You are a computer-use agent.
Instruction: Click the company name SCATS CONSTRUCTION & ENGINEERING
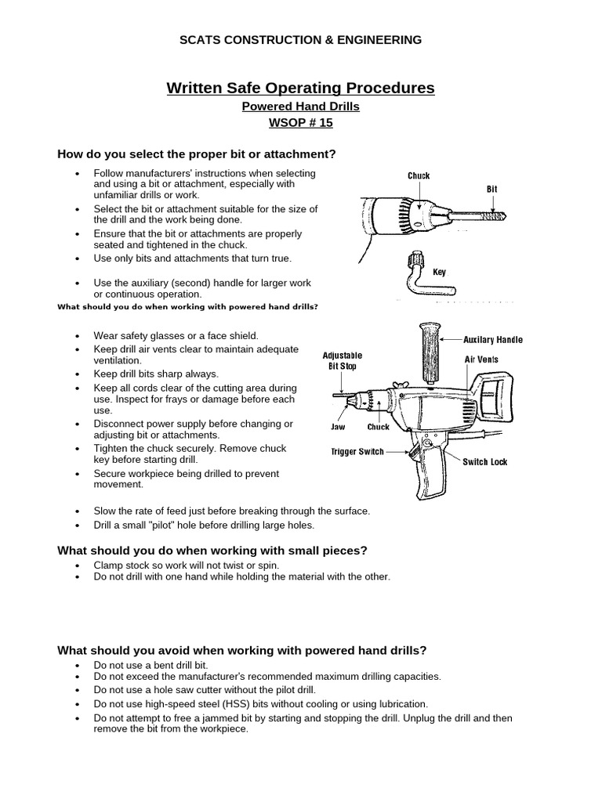pyautogui.click(x=301, y=40)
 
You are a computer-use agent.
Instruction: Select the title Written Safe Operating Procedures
pyautogui.click(x=300, y=88)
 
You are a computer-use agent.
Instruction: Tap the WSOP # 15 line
pyautogui.click(x=300, y=124)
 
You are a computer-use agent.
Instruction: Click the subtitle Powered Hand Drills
pyautogui.click(x=300, y=107)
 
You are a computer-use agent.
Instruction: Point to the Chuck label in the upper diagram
pyautogui.click(x=419, y=176)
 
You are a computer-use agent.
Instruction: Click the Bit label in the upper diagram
pyautogui.click(x=492, y=190)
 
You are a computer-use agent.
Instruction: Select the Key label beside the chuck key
pyautogui.click(x=440, y=273)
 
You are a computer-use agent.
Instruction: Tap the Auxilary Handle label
pyautogui.click(x=493, y=340)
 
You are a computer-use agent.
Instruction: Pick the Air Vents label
pyautogui.click(x=481, y=359)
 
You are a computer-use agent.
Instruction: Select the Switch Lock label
pyautogui.click(x=484, y=462)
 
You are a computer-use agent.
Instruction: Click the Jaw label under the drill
pyautogui.click(x=339, y=428)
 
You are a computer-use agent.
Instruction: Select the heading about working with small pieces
pyautogui.click(x=212, y=551)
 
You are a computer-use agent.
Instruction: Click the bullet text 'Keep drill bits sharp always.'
pyautogui.click(x=156, y=374)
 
